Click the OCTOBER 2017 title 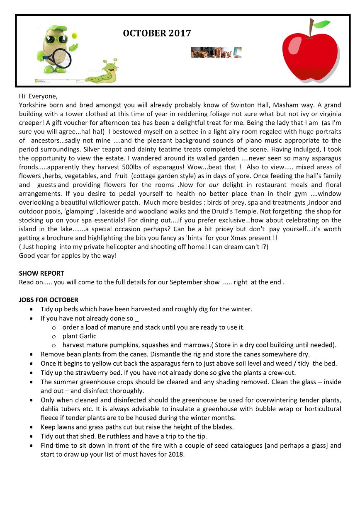coord(157,34)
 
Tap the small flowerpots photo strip coord(216,53)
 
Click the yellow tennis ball coord(75,36)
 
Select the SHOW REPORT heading coord(41,274)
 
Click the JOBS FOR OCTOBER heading coord(49,300)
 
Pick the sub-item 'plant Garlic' coord(79,336)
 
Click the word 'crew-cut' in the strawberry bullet coord(281,373)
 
